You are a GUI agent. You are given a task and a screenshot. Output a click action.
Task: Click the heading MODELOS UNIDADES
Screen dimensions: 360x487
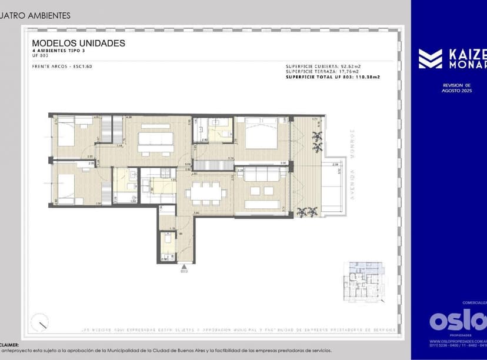78,44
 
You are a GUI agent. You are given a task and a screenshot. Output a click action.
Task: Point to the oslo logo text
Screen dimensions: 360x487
458,321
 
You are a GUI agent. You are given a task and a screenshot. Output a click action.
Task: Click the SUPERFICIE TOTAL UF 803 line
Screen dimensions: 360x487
333,77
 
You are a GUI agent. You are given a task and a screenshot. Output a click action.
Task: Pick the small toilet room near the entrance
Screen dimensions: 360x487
168,246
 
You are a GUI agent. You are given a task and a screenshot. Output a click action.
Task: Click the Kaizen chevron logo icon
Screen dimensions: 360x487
430,59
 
